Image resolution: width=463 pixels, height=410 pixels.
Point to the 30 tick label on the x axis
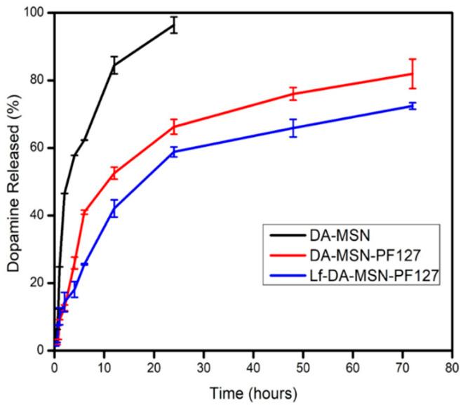(x=203, y=366)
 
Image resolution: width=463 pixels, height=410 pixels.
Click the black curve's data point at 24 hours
(x=173, y=25)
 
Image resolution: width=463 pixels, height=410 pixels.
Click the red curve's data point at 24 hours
(x=173, y=127)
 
